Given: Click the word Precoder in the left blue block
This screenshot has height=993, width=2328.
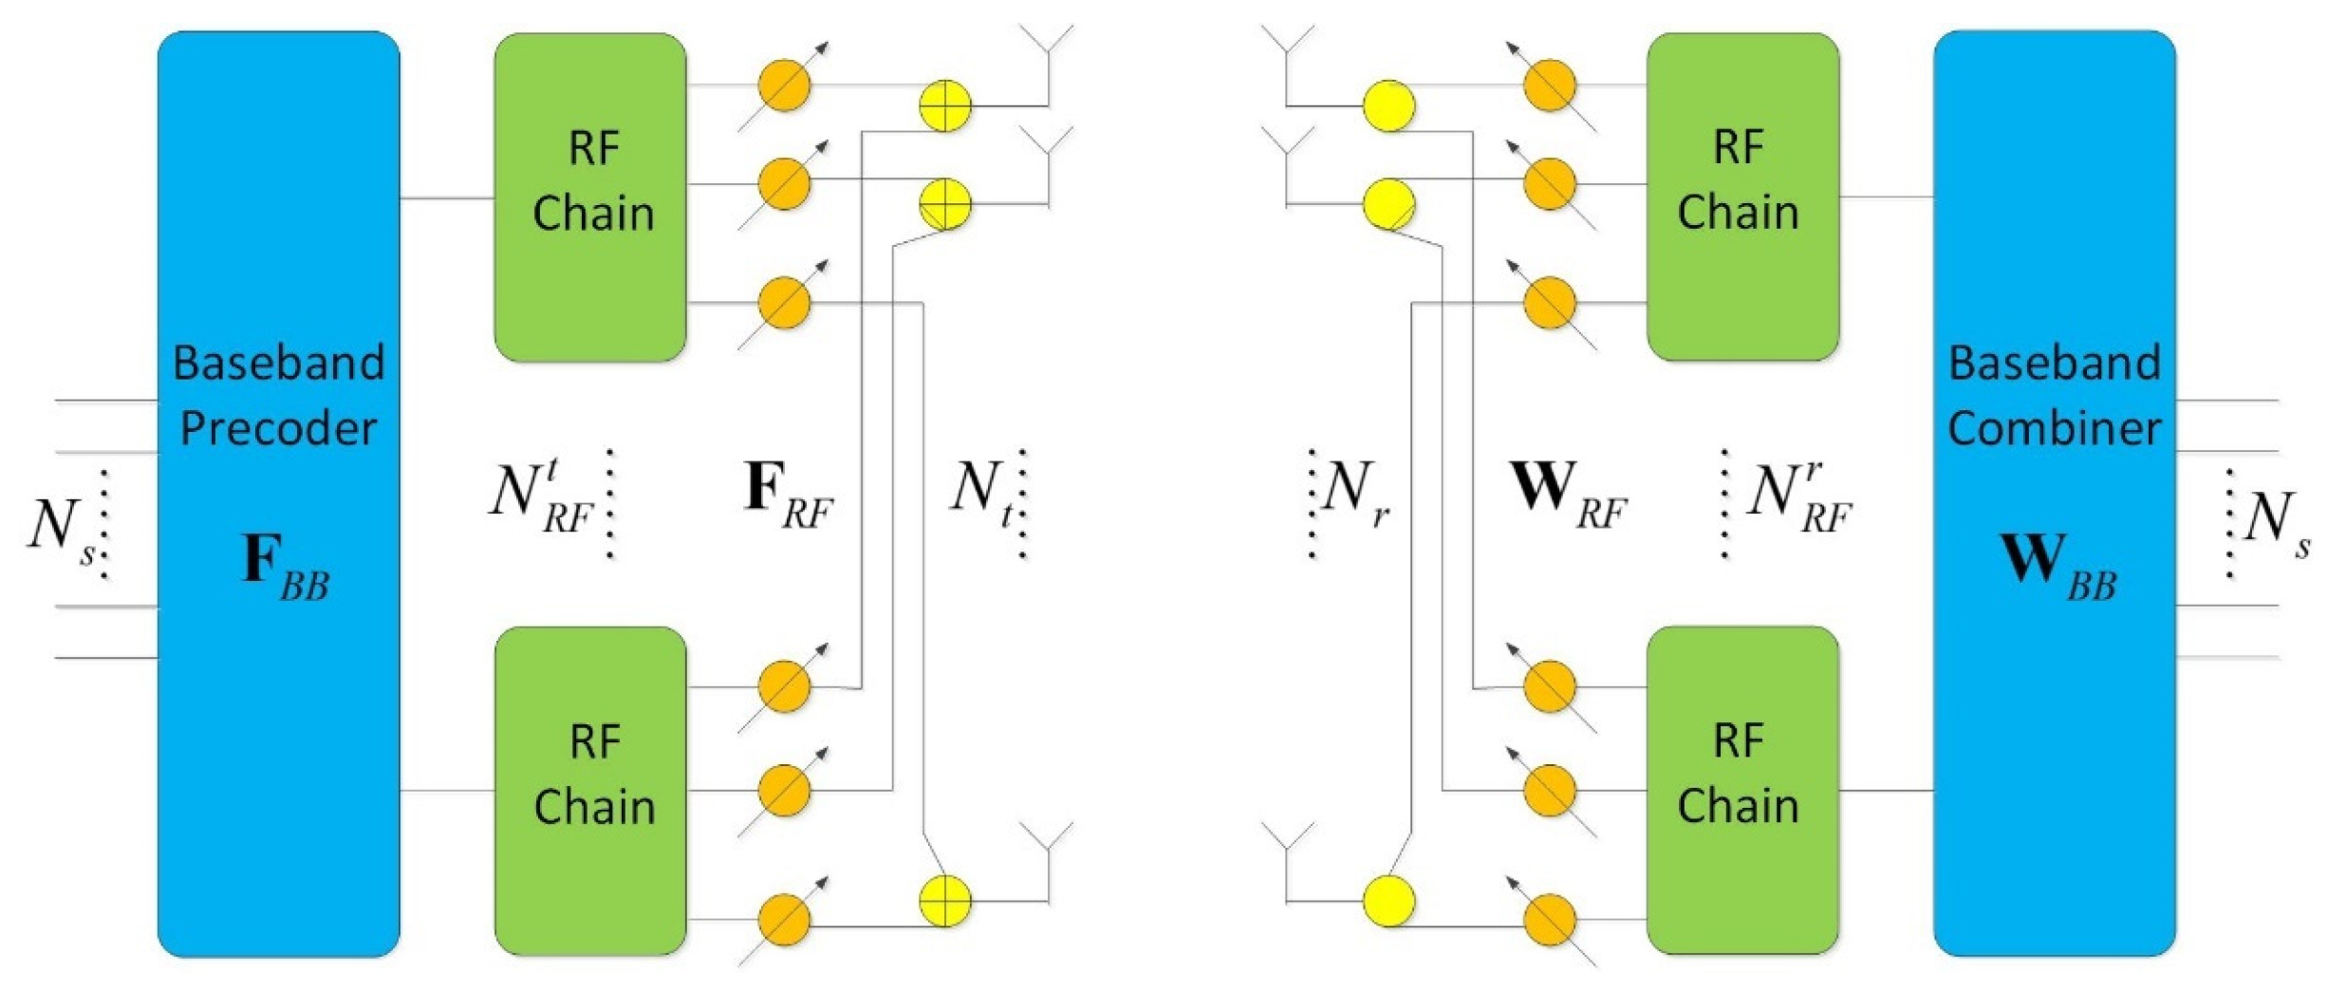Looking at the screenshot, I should [278, 429].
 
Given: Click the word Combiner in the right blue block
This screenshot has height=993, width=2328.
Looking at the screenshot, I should [2054, 429].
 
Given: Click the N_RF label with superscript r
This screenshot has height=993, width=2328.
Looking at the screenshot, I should [1798, 497].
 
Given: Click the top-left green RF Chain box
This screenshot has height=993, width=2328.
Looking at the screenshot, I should [590, 197].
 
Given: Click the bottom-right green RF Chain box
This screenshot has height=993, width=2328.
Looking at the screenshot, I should [1742, 790].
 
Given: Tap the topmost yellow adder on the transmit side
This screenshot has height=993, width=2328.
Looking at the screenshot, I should [945, 104].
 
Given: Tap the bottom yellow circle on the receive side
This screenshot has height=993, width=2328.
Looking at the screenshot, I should [1387, 901].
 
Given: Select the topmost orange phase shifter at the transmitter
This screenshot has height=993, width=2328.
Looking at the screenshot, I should [785, 85].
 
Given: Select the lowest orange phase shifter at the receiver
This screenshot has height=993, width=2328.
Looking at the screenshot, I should [1549, 920].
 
